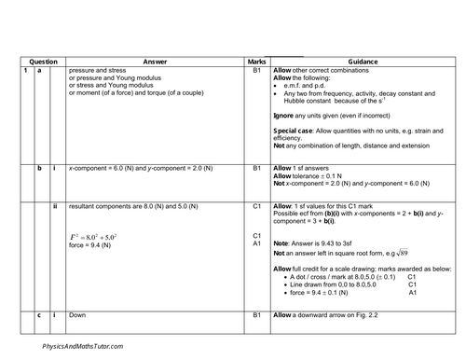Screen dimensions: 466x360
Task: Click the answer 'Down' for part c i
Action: (x=77, y=317)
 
